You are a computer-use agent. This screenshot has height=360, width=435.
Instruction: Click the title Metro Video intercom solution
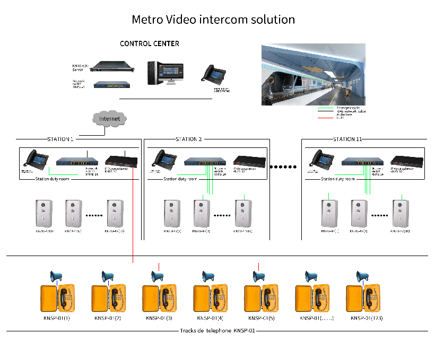213,20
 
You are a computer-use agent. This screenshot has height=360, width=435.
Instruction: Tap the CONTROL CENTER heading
149,43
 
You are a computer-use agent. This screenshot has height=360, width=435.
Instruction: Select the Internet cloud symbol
109,118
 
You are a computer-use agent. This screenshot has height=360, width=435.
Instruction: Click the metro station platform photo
313,75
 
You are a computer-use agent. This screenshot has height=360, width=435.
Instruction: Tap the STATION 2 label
189,139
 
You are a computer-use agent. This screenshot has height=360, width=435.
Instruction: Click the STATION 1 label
60,139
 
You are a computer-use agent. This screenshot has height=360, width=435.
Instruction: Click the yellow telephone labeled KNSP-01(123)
364,299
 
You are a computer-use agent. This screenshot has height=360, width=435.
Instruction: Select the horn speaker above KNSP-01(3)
158,276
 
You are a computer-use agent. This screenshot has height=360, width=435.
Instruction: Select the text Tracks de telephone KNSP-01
217,331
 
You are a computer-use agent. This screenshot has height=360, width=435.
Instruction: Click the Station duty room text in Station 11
338,179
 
